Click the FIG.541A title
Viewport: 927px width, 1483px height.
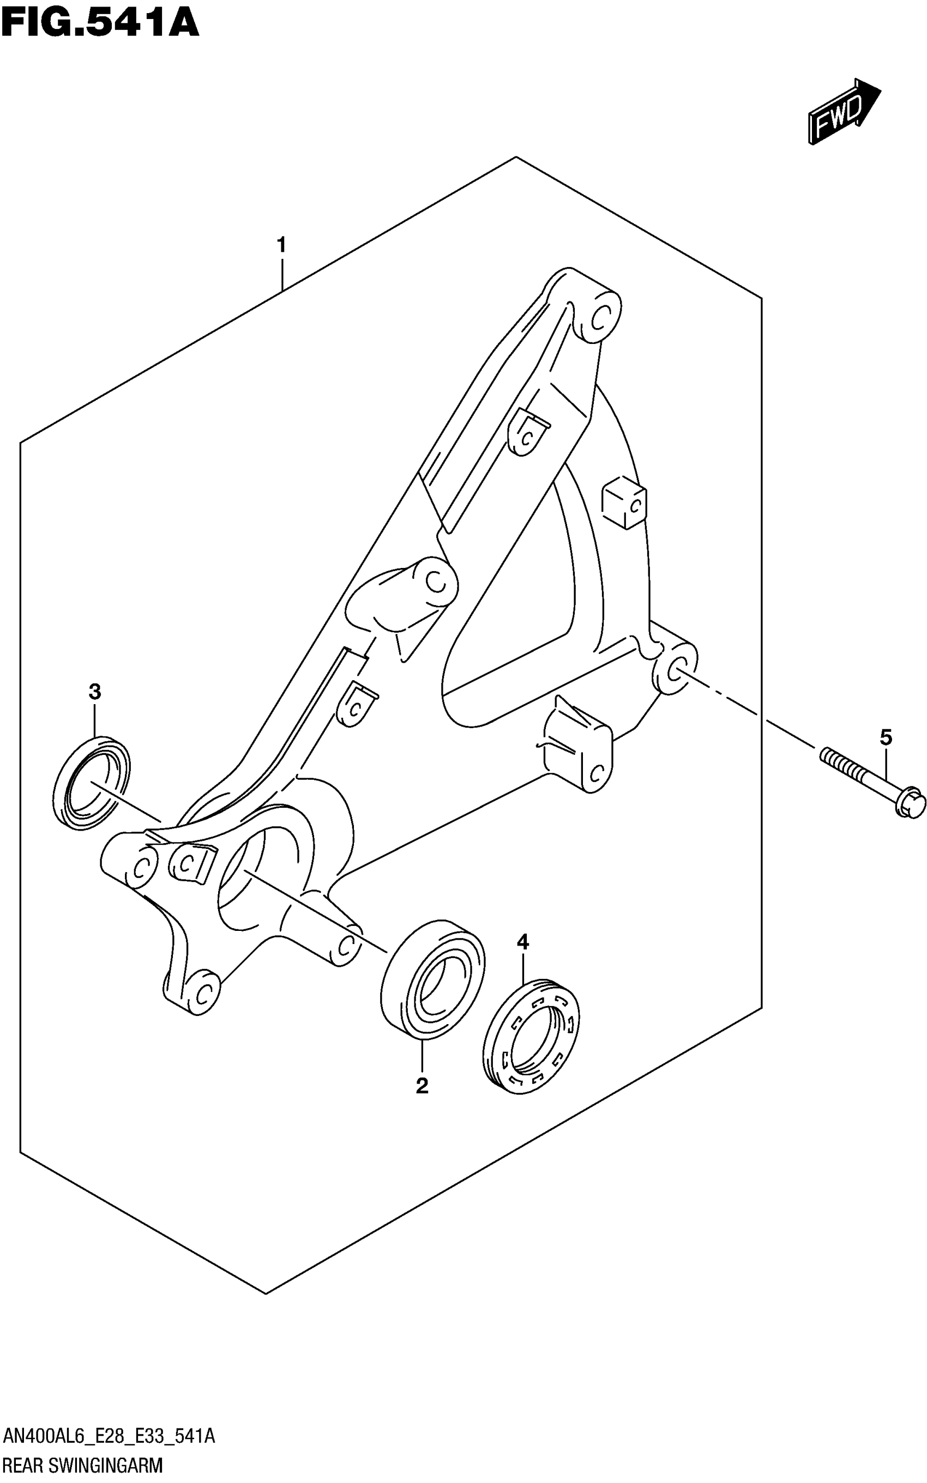pyautogui.click(x=100, y=23)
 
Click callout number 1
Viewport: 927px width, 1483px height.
pyautogui.click(x=281, y=246)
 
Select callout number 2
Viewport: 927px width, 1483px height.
pyautogui.click(x=422, y=1086)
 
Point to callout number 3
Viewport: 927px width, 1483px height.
pyautogui.click(x=94, y=692)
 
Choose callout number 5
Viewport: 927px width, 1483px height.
pyautogui.click(x=886, y=737)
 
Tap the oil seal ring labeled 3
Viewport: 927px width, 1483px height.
pyautogui.click(x=92, y=784)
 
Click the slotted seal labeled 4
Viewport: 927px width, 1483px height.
pyautogui.click(x=532, y=1036)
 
